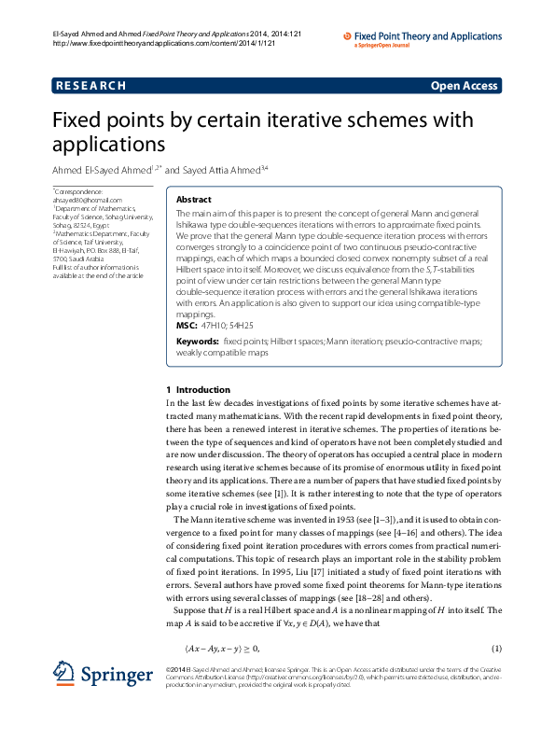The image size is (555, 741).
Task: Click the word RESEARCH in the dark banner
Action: point(91,86)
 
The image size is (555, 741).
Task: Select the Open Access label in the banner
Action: point(464,86)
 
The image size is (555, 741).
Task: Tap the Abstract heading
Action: point(194,200)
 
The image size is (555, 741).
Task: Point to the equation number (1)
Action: point(496,649)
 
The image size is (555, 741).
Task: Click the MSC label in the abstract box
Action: point(187,326)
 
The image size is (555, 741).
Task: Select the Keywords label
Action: point(198,343)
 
